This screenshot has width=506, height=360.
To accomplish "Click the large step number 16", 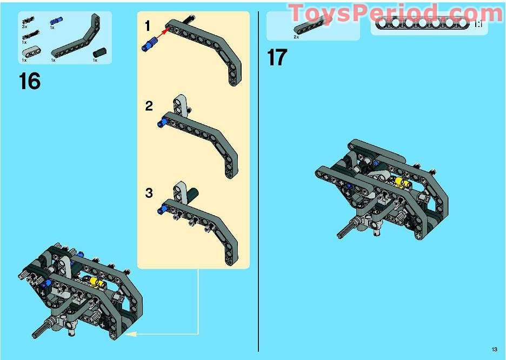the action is [30, 81].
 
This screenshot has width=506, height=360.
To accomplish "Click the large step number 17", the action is [277, 57].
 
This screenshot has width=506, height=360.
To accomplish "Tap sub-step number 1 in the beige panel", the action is [148, 26].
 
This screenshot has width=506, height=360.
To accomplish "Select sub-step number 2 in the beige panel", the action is [149, 106].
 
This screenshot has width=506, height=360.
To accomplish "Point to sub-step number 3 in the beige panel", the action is [149, 193].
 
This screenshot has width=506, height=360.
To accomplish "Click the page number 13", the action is [495, 349].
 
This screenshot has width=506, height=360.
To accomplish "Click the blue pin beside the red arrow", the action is [150, 44].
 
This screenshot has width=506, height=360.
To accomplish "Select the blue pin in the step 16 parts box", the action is [56, 21].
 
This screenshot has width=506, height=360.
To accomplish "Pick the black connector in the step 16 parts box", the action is [99, 52].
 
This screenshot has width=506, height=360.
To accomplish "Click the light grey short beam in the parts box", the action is [31, 52].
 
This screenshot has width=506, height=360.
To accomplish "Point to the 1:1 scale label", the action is [478, 24].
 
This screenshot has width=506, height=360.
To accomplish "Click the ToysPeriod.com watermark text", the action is [396, 13].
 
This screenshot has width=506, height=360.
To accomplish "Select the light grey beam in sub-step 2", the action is [180, 105].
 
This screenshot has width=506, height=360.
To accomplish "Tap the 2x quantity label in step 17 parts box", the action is [296, 37].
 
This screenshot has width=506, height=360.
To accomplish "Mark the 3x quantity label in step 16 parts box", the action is [24, 27].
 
